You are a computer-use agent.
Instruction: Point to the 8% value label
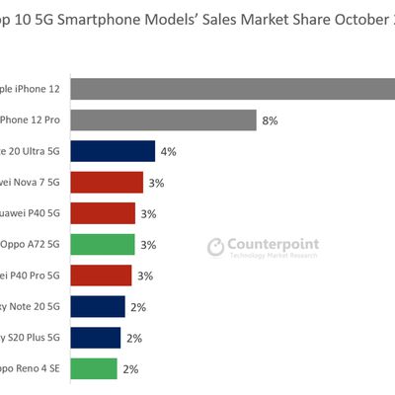tap(270, 120)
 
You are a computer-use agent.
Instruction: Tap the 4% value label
tap(168, 152)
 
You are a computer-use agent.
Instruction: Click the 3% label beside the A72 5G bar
tap(148, 245)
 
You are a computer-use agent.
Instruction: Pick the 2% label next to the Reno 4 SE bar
tap(130, 369)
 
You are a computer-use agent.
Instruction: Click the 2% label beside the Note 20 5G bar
tap(138, 307)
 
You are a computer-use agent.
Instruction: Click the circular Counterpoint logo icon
tap(216, 246)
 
